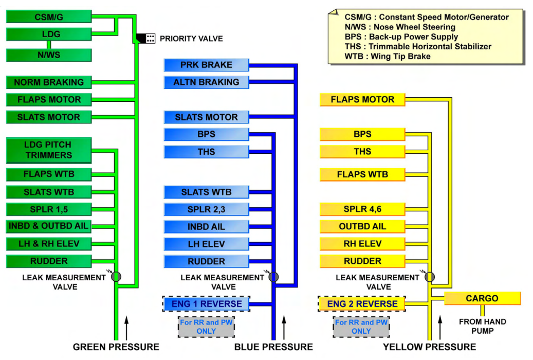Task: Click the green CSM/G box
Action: click(x=49, y=16)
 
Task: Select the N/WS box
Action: click(x=49, y=55)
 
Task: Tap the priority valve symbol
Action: click(x=145, y=39)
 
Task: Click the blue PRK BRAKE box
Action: click(x=206, y=65)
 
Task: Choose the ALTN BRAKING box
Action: click(x=206, y=82)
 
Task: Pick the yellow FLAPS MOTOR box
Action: click(x=362, y=99)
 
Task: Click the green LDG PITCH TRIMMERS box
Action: click(x=49, y=150)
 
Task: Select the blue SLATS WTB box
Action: click(x=206, y=192)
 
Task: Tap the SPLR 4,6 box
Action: click(x=362, y=209)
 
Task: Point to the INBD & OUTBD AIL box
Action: click(x=49, y=226)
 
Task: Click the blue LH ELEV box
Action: click(x=206, y=244)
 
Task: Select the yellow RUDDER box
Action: click(x=362, y=261)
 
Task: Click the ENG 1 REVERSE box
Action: click(x=206, y=304)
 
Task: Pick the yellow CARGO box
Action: click(x=482, y=298)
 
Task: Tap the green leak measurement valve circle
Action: click(x=116, y=276)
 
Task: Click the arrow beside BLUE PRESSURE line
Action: click(x=284, y=328)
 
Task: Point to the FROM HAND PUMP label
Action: click(x=482, y=326)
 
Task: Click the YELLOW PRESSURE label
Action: click(x=429, y=347)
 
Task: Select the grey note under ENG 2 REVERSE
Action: click(x=361, y=327)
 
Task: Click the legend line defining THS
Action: click(x=418, y=46)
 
